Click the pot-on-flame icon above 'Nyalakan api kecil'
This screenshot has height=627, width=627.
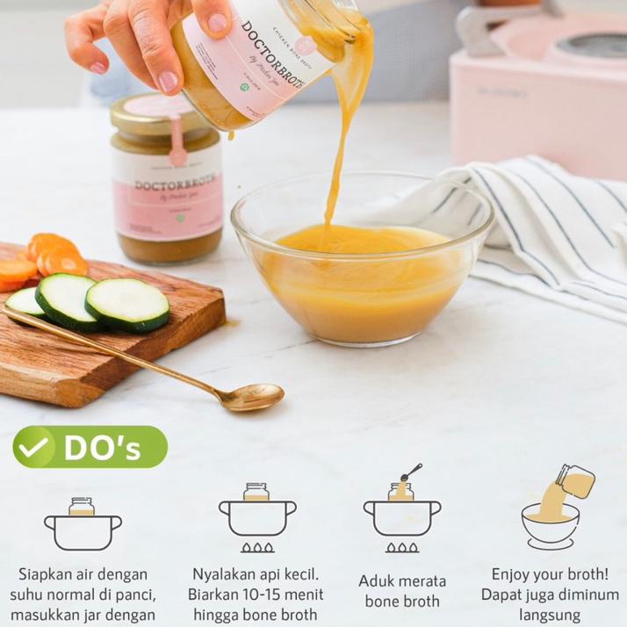[256, 517]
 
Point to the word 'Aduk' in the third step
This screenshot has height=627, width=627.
[376, 581]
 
